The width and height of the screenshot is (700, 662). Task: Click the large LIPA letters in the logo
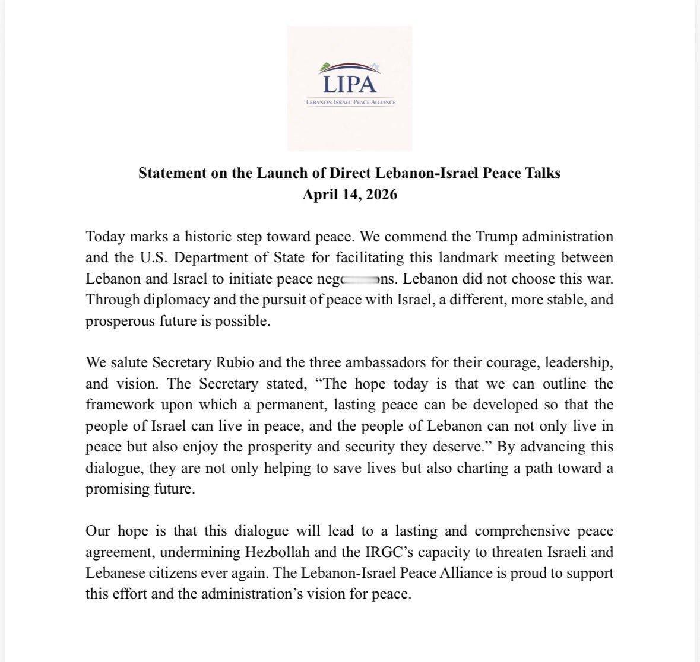350,83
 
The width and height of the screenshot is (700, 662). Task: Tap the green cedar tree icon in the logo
324,67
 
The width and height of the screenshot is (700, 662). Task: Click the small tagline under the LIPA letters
350,102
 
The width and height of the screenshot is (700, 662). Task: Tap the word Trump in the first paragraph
497,237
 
